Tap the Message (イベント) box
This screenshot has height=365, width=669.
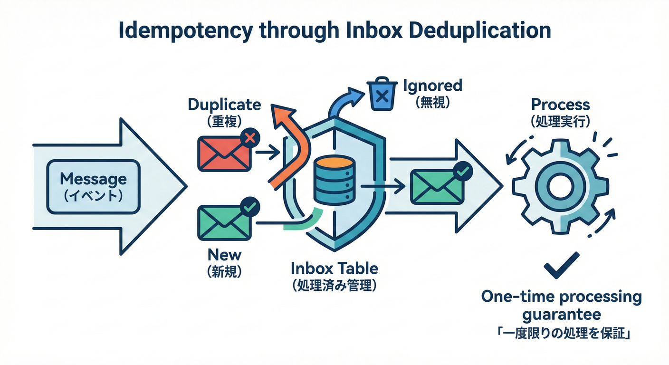coord(93,187)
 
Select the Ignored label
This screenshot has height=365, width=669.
coord(432,86)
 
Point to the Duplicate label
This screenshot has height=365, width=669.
coord(224,104)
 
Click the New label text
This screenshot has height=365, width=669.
coord(224,255)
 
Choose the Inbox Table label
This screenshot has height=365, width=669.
coord(334,269)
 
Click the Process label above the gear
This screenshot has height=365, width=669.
coord(561,104)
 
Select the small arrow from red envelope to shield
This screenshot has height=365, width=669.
coord(267,153)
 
